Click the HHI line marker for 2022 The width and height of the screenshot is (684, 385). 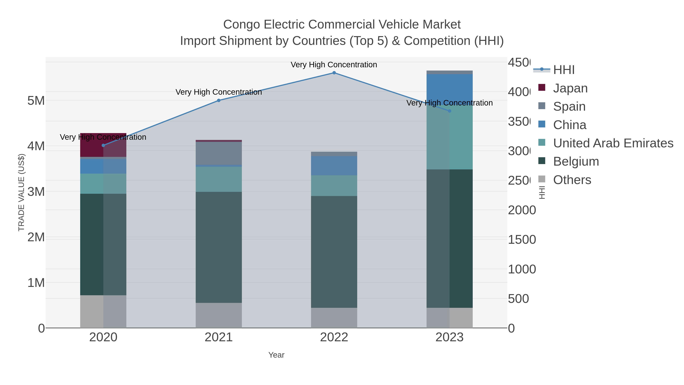[x=334, y=73]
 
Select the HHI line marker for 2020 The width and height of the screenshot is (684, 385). [x=103, y=145]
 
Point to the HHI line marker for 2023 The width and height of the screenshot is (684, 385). [x=449, y=111]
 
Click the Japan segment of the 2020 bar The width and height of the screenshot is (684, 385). [x=103, y=145]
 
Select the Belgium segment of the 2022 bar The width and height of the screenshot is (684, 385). [x=334, y=252]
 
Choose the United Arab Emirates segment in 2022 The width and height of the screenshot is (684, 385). [x=334, y=186]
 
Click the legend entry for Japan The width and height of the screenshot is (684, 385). [x=570, y=88]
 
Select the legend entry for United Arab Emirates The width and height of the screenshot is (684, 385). [x=613, y=143]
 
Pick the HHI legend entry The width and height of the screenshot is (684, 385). [x=564, y=70]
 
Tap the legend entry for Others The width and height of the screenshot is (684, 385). [x=572, y=180]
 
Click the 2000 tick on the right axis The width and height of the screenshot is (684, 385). [x=522, y=210]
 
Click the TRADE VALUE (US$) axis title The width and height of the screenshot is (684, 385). [x=21, y=192]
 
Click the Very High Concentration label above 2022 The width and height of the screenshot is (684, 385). [x=334, y=65]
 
